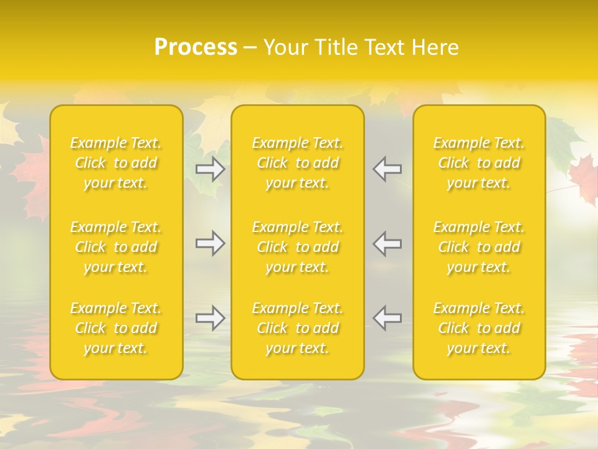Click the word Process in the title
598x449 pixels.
196,47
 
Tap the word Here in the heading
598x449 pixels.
435,47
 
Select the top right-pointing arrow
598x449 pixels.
211,169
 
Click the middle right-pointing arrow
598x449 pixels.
211,243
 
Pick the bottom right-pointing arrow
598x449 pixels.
211,318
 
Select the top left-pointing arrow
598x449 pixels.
387,169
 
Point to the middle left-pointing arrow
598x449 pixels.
387,243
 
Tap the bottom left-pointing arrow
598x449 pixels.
387,318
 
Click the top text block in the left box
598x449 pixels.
116,163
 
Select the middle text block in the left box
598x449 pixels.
116,247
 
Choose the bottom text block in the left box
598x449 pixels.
116,328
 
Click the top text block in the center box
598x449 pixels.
298,163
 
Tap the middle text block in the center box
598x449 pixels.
298,247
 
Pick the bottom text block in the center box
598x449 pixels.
298,328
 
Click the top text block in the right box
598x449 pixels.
479,163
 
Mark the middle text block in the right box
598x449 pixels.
479,247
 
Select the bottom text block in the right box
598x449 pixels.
479,328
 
